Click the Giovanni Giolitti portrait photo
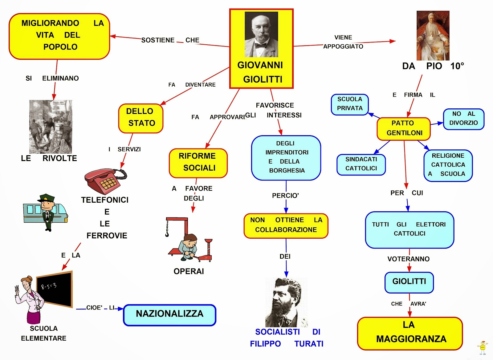(261, 34)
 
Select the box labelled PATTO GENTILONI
(404, 128)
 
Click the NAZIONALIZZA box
(169, 315)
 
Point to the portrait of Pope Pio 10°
(433, 36)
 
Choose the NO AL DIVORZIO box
(463, 119)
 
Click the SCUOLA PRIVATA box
(350, 104)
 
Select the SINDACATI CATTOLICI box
(361, 164)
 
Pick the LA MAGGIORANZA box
(410, 333)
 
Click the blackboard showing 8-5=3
(55, 289)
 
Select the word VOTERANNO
(408, 259)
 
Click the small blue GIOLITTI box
(409, 282)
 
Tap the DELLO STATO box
(141, 118)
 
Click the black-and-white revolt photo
(51, 126)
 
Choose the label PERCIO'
(285, 196)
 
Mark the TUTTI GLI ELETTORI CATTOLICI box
(409, 229)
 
